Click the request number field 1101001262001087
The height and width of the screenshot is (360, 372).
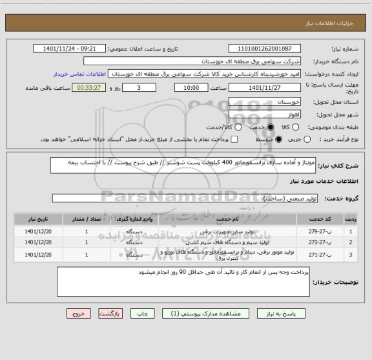(265, 48)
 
